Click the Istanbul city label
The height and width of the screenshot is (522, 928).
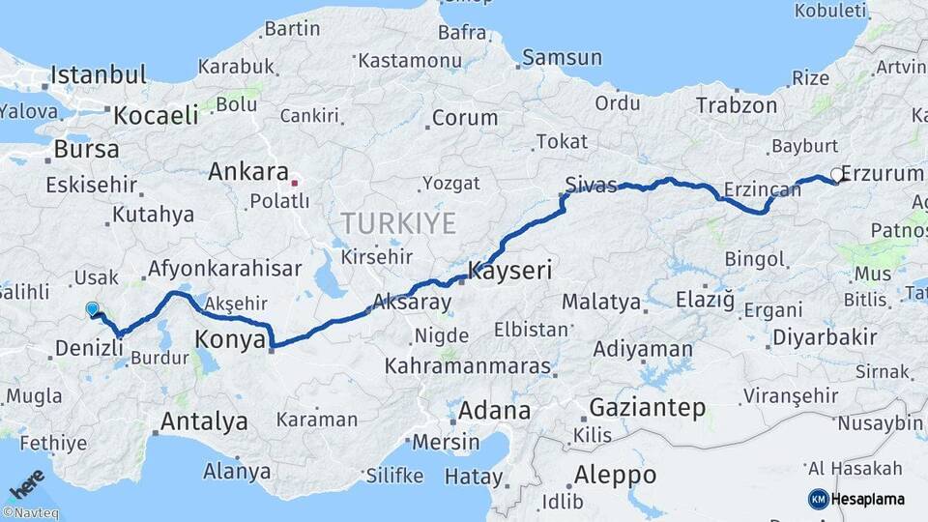(98, 74)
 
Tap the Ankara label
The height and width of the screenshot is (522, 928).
(248, 173)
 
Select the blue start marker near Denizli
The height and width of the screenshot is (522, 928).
(92, 309)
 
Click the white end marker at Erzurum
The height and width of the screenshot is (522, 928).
(836, 176)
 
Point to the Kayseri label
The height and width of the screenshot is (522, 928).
(509, 271)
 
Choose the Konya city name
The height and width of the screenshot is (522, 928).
(230, 339)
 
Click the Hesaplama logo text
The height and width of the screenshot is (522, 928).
(867, 499)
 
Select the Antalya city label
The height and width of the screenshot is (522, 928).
(203, 421)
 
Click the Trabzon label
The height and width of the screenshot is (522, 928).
(736, 105)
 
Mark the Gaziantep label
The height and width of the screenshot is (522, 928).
(647, 408)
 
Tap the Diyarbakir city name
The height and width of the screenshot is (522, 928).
(825, 337)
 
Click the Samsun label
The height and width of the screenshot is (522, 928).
(563, 58)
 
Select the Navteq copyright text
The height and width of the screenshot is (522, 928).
(30, 513)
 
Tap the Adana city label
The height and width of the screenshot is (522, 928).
(495, 411)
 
